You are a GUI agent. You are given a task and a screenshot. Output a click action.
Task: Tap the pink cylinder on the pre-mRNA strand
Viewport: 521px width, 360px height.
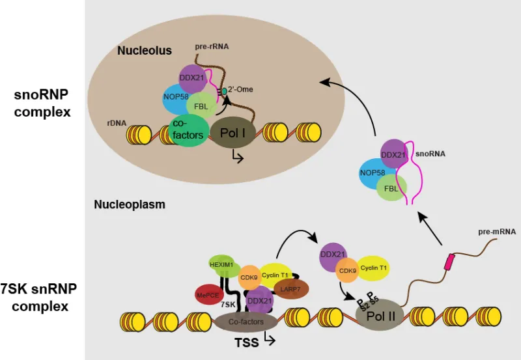(x=450, y=263)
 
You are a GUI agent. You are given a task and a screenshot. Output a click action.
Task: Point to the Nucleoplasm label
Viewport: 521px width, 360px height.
(x=129, y=204)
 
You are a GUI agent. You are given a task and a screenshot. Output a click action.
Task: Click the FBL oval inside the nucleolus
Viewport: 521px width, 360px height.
(x=197, y=105)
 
